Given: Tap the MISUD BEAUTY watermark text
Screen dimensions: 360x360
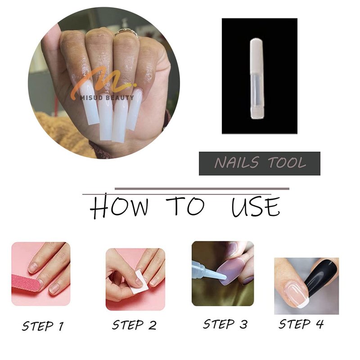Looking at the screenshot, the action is click(x=107, y=98).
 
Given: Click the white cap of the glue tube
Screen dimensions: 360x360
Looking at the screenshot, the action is click(x=256, y=55).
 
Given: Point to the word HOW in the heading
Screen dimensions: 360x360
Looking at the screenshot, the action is click(x=119, y=206).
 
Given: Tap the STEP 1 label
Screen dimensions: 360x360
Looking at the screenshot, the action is click(x=43, y=326).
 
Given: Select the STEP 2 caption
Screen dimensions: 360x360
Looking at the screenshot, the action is click(x=134, y=325).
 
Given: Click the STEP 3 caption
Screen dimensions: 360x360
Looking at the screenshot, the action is click(x=225, y=324).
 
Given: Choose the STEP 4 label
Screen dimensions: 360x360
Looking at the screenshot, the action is click(x=301, y=324).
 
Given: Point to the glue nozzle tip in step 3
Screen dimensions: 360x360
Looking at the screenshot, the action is click(x=223, y=277).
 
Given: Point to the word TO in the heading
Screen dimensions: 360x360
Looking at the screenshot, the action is click(x=185, y=205).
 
